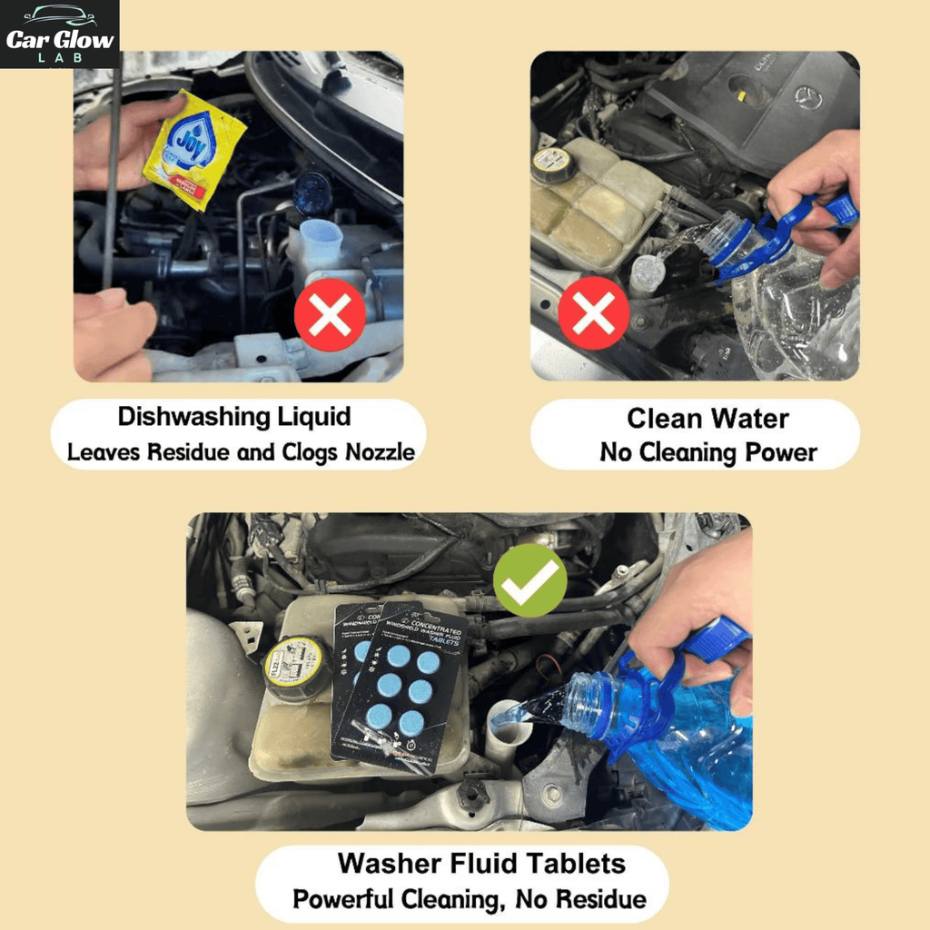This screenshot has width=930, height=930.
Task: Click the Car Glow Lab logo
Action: click(x=60, y=35)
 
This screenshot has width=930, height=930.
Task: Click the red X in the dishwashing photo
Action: click(x=330, y=314)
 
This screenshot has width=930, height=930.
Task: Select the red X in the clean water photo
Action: click(x=593, y=314)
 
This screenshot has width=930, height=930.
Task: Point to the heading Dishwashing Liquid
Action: click(x=234, y=417)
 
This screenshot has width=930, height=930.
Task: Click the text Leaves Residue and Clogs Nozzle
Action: click(x=240, y=451)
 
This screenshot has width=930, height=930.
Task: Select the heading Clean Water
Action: click(x=707, y=419)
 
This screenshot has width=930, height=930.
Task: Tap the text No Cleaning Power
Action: click(x=708, y=452)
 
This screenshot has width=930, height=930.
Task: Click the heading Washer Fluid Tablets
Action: click(x=481, y=862)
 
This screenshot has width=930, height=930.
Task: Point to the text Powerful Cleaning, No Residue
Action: click(x=470, y=899)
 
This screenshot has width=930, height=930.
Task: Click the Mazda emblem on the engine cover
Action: click(x=807, y=97)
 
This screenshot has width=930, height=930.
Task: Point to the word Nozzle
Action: click(x=379, y=451)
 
